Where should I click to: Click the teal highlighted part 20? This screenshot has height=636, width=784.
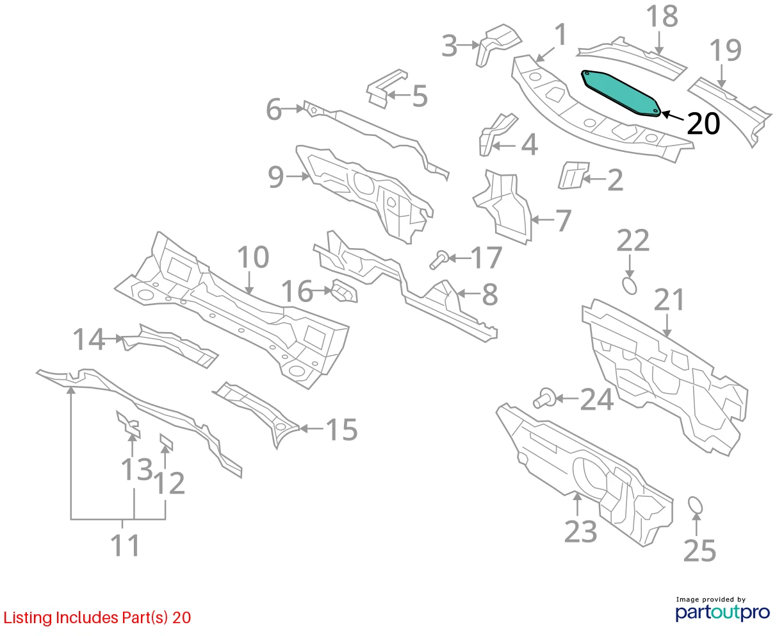tap(621, 93)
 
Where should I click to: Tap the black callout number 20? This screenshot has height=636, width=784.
tap(703, 124)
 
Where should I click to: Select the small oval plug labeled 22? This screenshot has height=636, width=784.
tap(630, 286)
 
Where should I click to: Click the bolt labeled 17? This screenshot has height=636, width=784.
tap(439, 260)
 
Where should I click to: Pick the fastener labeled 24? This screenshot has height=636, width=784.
tap(544, 398)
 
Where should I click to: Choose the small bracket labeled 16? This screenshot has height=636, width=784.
tap(345, 291)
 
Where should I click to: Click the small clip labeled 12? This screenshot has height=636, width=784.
tap(166, 442)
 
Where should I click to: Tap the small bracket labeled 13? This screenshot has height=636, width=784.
tap(129, 424)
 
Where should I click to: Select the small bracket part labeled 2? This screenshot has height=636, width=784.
tap(573, 175)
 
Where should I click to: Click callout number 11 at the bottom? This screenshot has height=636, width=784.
tap(125, 546)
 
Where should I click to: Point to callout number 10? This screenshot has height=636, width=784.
tap(253, 256)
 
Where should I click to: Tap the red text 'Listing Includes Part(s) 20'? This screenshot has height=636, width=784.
tap(97, 617)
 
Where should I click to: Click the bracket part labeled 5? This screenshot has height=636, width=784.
tap(386, 89)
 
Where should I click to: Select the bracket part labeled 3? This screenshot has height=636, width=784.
tap(498, 45)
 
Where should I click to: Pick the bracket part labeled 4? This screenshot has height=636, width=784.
tap(497, 135)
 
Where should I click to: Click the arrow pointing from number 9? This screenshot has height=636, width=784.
tap(298, 176)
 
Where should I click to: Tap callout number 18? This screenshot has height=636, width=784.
tap(662, 16)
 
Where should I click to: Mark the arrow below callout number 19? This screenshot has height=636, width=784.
tap(721, 76)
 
